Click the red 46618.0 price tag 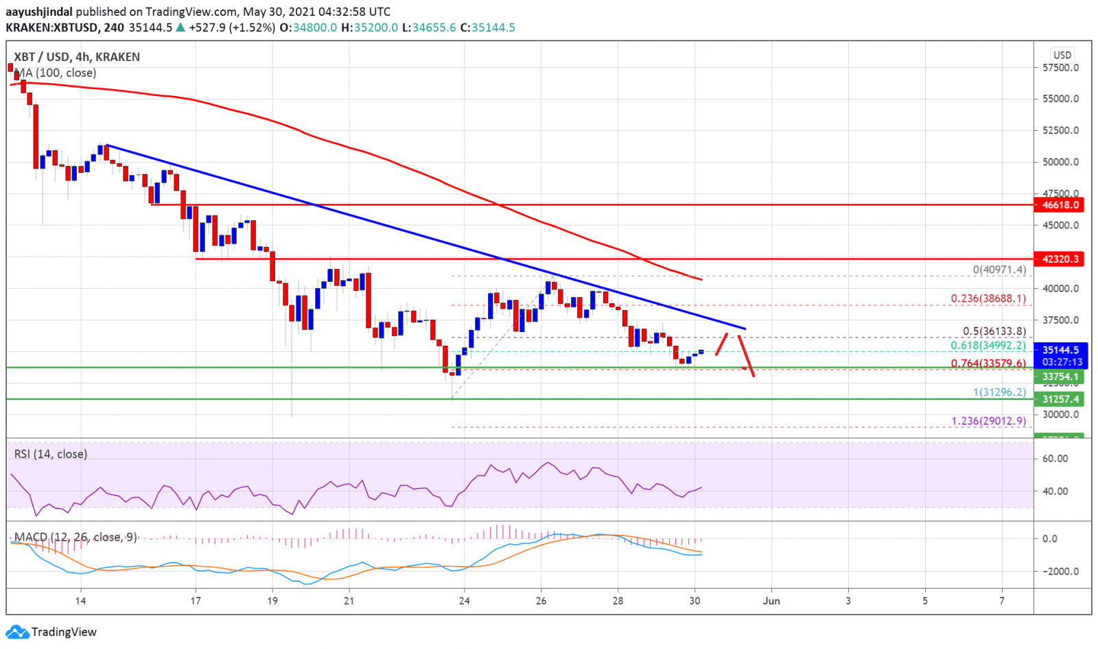[x=1061, y=204]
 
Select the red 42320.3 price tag [x=1061, y=259]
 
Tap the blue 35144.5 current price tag [x=1061, y=350]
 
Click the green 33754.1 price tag [x=1061, y=377]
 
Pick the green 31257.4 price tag [x=1061, y=399]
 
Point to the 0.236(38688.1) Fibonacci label [x=988, y=298]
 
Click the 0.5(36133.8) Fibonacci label [x=994, y=331]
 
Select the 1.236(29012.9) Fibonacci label [x=988, y=421]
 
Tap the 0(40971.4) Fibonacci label [x=999, y=270]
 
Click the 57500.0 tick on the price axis [x=1060, y=68]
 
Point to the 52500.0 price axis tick [x=1060, y=130]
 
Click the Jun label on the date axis [x=771, y=601]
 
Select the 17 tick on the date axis [x=196, y=601]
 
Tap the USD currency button [x=1062, y=55]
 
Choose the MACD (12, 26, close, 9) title [x=75, y=537]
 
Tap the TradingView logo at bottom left [x=51, y=632]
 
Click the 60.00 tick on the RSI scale [x=1055, y=458]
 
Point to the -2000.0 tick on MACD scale [x=1057, y=571]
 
